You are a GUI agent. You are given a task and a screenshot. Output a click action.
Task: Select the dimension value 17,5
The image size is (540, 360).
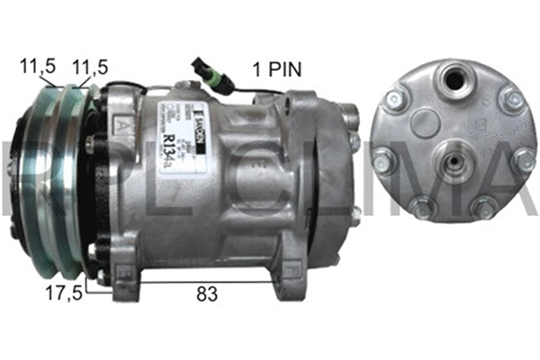click(66, 292)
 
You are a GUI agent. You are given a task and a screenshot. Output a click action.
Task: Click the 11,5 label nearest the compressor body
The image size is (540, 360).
click(90, 66)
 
